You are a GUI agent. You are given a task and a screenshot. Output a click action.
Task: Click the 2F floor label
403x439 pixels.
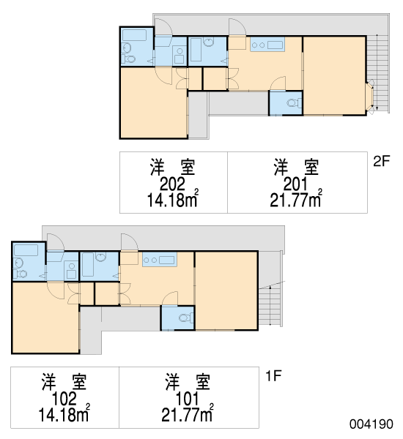[382, 161]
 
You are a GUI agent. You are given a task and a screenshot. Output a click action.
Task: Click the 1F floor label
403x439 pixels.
[273, 376]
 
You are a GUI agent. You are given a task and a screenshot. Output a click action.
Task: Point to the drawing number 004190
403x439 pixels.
[371, 424]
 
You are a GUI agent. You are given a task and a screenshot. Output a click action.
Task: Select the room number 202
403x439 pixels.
[172, 184]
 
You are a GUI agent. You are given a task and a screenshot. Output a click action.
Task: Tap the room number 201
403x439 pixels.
[295, 184]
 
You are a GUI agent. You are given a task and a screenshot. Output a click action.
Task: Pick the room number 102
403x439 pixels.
[64, 399]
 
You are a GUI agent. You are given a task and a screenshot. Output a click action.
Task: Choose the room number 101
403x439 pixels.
[187, 399]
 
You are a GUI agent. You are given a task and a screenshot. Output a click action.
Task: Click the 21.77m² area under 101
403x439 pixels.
[187, 413]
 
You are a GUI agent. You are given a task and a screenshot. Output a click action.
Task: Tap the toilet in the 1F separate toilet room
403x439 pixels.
[186, 318]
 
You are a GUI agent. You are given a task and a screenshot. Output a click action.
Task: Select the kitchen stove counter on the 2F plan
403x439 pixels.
[267, 44]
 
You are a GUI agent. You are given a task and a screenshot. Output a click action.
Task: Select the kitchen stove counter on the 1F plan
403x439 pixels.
[159, 260]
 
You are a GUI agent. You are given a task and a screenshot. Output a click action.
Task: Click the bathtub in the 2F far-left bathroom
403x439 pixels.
[135, 35]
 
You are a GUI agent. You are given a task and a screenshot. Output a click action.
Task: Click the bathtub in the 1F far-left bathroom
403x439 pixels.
[26, 250]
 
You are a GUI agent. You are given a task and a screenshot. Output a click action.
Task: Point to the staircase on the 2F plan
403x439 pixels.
[377, 72]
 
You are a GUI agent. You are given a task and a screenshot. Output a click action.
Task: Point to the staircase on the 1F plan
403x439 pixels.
[270, 307]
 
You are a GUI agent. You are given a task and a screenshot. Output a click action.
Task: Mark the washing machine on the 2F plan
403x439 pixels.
[180, 56]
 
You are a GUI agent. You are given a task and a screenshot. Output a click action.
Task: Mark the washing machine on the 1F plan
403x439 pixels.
[71, 271]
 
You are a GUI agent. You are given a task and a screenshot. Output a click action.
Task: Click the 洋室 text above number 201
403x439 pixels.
[297, 167]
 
